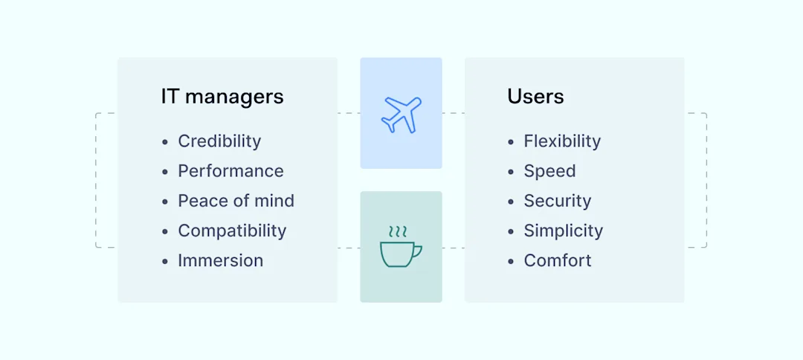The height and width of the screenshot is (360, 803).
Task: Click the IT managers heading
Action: tap(222, 97)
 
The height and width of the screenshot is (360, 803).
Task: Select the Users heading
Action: tap(535, 97)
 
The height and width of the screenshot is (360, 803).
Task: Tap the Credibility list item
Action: tap(219, 141)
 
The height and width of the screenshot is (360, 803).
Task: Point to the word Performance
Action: tap(230, 171)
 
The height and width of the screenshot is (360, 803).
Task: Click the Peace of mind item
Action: tap(236, 201)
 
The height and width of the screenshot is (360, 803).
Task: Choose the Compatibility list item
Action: tap(232, 231)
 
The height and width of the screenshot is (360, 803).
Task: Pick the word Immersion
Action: tap(220, 260)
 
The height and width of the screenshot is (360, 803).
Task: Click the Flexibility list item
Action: tap(562, 141)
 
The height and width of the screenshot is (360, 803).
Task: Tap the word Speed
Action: tap(549, 171)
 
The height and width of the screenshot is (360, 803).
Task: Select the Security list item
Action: tap(558, 201)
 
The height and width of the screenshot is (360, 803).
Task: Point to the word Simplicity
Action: tap(563, 231)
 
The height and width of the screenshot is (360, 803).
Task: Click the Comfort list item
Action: tap(558, 260)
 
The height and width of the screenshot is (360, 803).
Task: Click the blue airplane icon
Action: tap(401, 115)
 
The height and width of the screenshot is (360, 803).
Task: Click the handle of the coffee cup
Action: tap(416, 251)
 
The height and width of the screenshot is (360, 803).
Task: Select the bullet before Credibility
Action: tap(165, 142)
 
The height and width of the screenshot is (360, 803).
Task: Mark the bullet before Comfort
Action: tap(511, 261)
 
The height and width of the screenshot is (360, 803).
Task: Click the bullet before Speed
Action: tap(511, 172)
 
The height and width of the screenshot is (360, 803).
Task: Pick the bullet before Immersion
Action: tap(165, 261)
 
